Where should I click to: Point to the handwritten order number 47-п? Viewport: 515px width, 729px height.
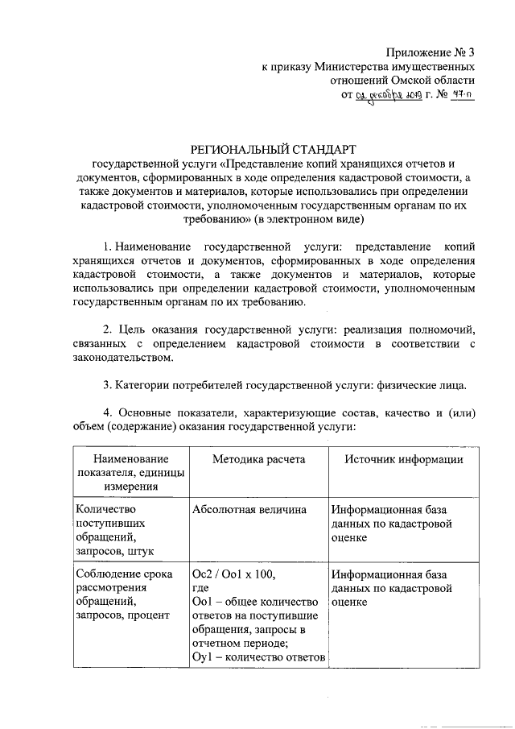coord(460,96)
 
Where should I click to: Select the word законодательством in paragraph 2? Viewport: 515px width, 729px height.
coord(122,358)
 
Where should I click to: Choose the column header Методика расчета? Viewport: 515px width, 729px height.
coord(258,458)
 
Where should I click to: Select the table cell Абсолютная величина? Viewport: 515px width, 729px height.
coord(249,510)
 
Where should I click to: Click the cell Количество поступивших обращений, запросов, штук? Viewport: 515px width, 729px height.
coord(113,530)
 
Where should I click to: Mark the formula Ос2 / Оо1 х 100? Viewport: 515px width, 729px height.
coord(233,574)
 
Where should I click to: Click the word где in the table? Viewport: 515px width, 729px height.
coord(200,589)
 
